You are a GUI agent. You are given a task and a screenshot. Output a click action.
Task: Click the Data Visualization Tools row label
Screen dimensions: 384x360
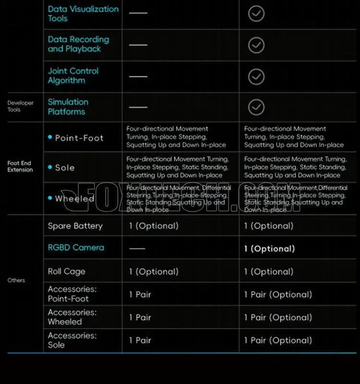coord(83,13)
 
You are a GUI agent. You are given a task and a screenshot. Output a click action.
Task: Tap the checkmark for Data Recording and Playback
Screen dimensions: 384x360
coord(256,45)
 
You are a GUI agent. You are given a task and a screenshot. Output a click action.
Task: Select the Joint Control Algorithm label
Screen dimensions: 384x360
coord(73,75)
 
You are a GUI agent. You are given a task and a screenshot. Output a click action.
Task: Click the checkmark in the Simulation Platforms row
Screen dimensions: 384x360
coord(256,107)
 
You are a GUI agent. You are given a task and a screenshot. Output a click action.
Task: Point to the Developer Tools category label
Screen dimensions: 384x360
coord(20,106)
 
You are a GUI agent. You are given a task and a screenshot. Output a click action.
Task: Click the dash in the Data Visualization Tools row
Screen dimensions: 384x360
coord(138,13)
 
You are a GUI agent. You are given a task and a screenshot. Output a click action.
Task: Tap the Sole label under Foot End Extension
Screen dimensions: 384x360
coord(64,168)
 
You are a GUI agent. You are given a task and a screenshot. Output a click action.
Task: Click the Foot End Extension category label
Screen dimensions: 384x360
coord(20,166)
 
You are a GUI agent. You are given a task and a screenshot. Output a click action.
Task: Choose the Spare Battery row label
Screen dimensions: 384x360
coord(75,226)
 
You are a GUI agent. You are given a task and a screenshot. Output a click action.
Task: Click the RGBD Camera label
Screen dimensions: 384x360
coord(75,248)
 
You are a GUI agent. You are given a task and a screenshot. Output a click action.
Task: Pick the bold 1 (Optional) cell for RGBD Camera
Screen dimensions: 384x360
coord(269,249)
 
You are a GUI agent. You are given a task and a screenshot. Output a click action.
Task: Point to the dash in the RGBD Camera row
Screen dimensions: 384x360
coord(137,249)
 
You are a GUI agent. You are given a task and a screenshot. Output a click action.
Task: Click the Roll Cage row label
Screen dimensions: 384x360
coord(66,272)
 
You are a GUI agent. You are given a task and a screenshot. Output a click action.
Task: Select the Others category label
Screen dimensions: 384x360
coord(16,280)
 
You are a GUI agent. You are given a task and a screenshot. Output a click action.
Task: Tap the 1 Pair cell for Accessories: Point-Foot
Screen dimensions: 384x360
coord(140,295)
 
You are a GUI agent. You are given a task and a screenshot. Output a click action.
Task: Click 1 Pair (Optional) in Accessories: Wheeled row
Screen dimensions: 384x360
coord(277,318)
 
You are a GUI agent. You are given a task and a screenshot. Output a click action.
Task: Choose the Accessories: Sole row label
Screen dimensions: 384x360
coord(72,340)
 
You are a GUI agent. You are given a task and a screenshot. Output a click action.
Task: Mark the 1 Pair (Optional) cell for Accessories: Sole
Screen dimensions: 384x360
coord(277,340)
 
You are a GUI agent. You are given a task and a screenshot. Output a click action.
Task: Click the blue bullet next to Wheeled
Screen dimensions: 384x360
coord(50,198)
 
